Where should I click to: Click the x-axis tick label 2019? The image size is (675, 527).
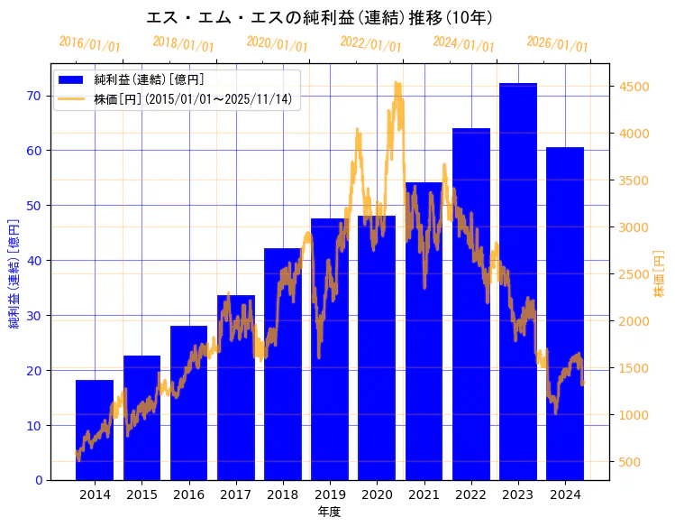click(x=330, y=495)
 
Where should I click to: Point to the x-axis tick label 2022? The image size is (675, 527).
click(x=470, y=495)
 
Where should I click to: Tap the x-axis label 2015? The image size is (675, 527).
click(x=141, y=495)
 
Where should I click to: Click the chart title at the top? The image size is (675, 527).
click(x=319, y=17)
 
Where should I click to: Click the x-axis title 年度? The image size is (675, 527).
click(x=329, y=512)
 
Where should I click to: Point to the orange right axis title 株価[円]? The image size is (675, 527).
click(x=659, y=275)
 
